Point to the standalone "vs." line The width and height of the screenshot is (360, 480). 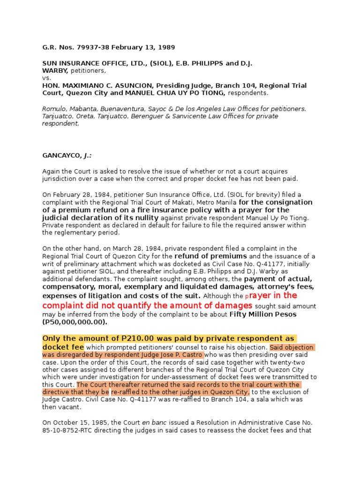pyautogui.click(x=46, y=78)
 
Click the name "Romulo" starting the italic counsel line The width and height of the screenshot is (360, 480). pyautogui.click(x=55, y=109)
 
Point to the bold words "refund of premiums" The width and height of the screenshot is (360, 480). pyautogui.click(x=210, y=256)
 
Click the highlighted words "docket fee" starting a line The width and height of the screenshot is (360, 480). pyautogui.click(x=63, y=347)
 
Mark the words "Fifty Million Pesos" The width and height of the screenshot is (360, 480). pyautogui.click(x=263, y=314)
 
